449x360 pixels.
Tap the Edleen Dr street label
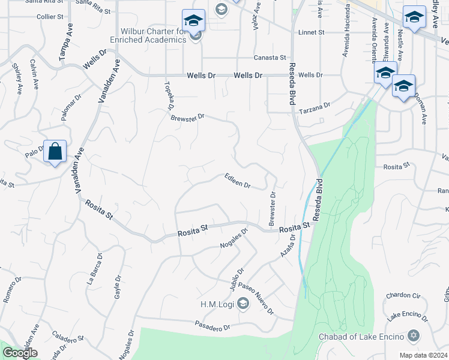(237, 181)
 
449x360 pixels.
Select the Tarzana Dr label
(315, 106)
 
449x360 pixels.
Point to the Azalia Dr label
(288, 246)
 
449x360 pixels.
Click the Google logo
(20, 353)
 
